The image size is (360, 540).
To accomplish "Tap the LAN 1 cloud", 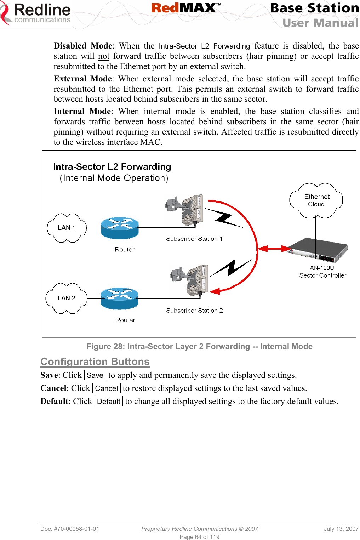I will (x=67, y=228).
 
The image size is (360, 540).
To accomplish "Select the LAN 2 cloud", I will (x=66, y=298).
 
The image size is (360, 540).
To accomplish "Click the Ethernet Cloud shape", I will (x=316, y=200).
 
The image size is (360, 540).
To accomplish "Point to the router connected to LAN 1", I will (x=120, y=228).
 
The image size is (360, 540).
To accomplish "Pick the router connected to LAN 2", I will (x=119, y=299).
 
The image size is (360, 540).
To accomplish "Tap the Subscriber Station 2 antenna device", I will (x=191, y=280).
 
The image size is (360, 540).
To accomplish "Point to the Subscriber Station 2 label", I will (x=194, y=311).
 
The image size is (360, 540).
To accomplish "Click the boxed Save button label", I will (x=95, y=375).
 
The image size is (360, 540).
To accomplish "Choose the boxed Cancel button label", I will (x=106, y=388).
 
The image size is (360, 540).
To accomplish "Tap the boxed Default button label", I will (x=109, y=402).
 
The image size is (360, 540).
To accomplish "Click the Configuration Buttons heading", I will (x=95, y=362).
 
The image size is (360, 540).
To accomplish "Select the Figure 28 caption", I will (x=199, y=346).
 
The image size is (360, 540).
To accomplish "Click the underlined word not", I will (x=103, y=56).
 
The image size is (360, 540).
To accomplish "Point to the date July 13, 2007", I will (x=341, y=529).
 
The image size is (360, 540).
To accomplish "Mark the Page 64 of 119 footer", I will (x=199, y=537).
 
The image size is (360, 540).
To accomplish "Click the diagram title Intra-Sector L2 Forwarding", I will (x=112, y=167).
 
